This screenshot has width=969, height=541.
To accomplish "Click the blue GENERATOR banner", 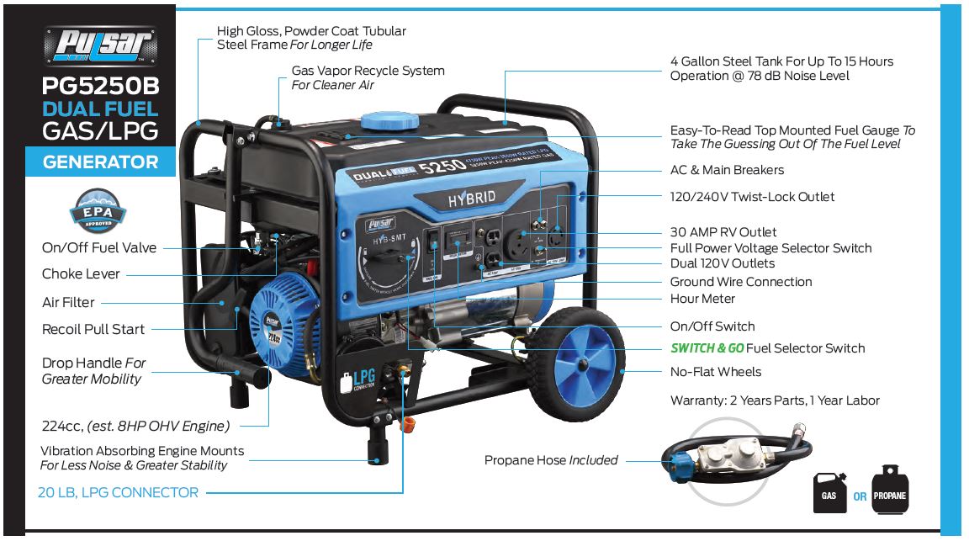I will (x=100, y=162).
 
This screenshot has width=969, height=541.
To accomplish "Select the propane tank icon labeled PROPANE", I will (x=890, y=488).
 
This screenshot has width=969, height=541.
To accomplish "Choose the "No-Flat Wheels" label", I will (x=715, y=372).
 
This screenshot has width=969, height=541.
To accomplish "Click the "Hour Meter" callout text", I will (x=702, y=299).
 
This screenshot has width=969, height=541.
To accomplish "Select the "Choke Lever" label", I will (x=81, y=274).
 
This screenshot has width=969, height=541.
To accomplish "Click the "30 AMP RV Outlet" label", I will (x=723, y=231).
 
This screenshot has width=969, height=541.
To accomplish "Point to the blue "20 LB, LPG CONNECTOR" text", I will (x=118, y=493).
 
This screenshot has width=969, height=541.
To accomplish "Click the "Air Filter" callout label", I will (x=68, y=302).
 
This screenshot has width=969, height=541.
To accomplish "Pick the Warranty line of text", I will (x=775, y=400).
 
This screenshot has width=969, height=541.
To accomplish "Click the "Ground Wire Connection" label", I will (x=741, y=282).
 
